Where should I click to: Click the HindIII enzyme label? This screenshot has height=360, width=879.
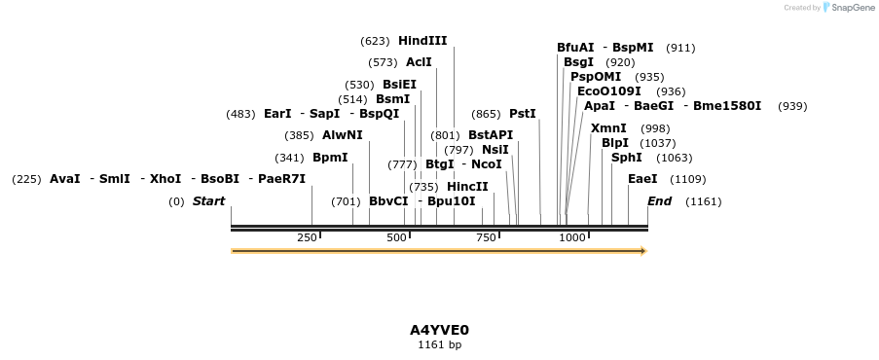coord(422,41)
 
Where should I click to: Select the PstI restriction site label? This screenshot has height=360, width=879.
coord(523,114)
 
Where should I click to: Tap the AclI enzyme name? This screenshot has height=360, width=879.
coord(419,62)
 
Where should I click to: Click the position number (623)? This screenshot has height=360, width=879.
coord(375,41)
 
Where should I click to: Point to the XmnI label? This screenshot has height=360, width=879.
coord(608,128)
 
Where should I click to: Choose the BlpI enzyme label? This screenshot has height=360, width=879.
coord(615,143)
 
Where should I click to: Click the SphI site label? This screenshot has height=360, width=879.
coord(626,158)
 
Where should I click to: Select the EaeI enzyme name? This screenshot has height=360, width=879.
coord(642,179)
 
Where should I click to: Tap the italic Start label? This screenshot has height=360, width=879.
coord(208,201)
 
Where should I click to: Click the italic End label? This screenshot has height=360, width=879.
coord(659,201)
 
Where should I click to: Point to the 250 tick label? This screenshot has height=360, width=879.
coord(308,237)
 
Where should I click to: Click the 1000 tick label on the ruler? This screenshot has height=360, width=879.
coord(572,237)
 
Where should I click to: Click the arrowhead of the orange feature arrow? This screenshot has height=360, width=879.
coord(642,251)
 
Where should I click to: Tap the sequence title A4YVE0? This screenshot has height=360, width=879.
coord(439,330)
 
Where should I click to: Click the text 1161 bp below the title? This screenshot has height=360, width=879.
coord(439,344)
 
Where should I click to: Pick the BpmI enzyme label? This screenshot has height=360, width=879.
coord(330,158)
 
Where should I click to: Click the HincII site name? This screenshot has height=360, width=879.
coord(467,187)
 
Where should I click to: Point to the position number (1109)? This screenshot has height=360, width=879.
coord(688,179)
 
